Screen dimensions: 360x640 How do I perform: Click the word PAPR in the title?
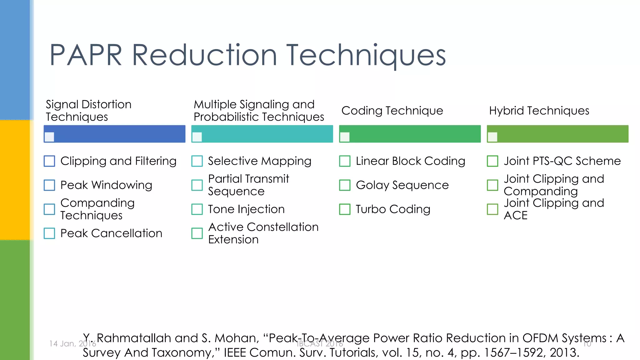coord(86,55)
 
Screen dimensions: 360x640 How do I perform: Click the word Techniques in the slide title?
coord(366,55)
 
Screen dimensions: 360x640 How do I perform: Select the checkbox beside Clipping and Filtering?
coord(49,161)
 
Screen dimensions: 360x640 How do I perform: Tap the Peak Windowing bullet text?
coord(106,185)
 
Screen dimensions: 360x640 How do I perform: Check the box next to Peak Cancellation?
coord(49,233)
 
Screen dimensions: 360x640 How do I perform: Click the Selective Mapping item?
coord(259,161)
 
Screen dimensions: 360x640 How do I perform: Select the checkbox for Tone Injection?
coord(197,209)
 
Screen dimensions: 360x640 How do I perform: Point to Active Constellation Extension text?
coord(263,233)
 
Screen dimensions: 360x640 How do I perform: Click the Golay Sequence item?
coord(402,185)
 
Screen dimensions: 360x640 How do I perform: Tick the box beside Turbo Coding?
coord(345,209)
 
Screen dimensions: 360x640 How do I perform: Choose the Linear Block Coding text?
coord(410,161)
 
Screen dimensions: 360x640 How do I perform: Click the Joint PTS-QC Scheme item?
coord(562,161)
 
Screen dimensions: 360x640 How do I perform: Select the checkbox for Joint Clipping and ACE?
coord(492,209)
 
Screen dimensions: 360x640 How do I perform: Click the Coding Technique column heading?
coord(392,111)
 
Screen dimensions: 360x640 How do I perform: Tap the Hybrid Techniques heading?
coord(539,111)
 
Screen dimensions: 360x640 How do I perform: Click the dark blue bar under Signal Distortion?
coord(119,134)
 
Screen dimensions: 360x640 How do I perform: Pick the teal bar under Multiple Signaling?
coord(266,134)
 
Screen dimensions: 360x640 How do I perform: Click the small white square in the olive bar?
coord(492,137)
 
